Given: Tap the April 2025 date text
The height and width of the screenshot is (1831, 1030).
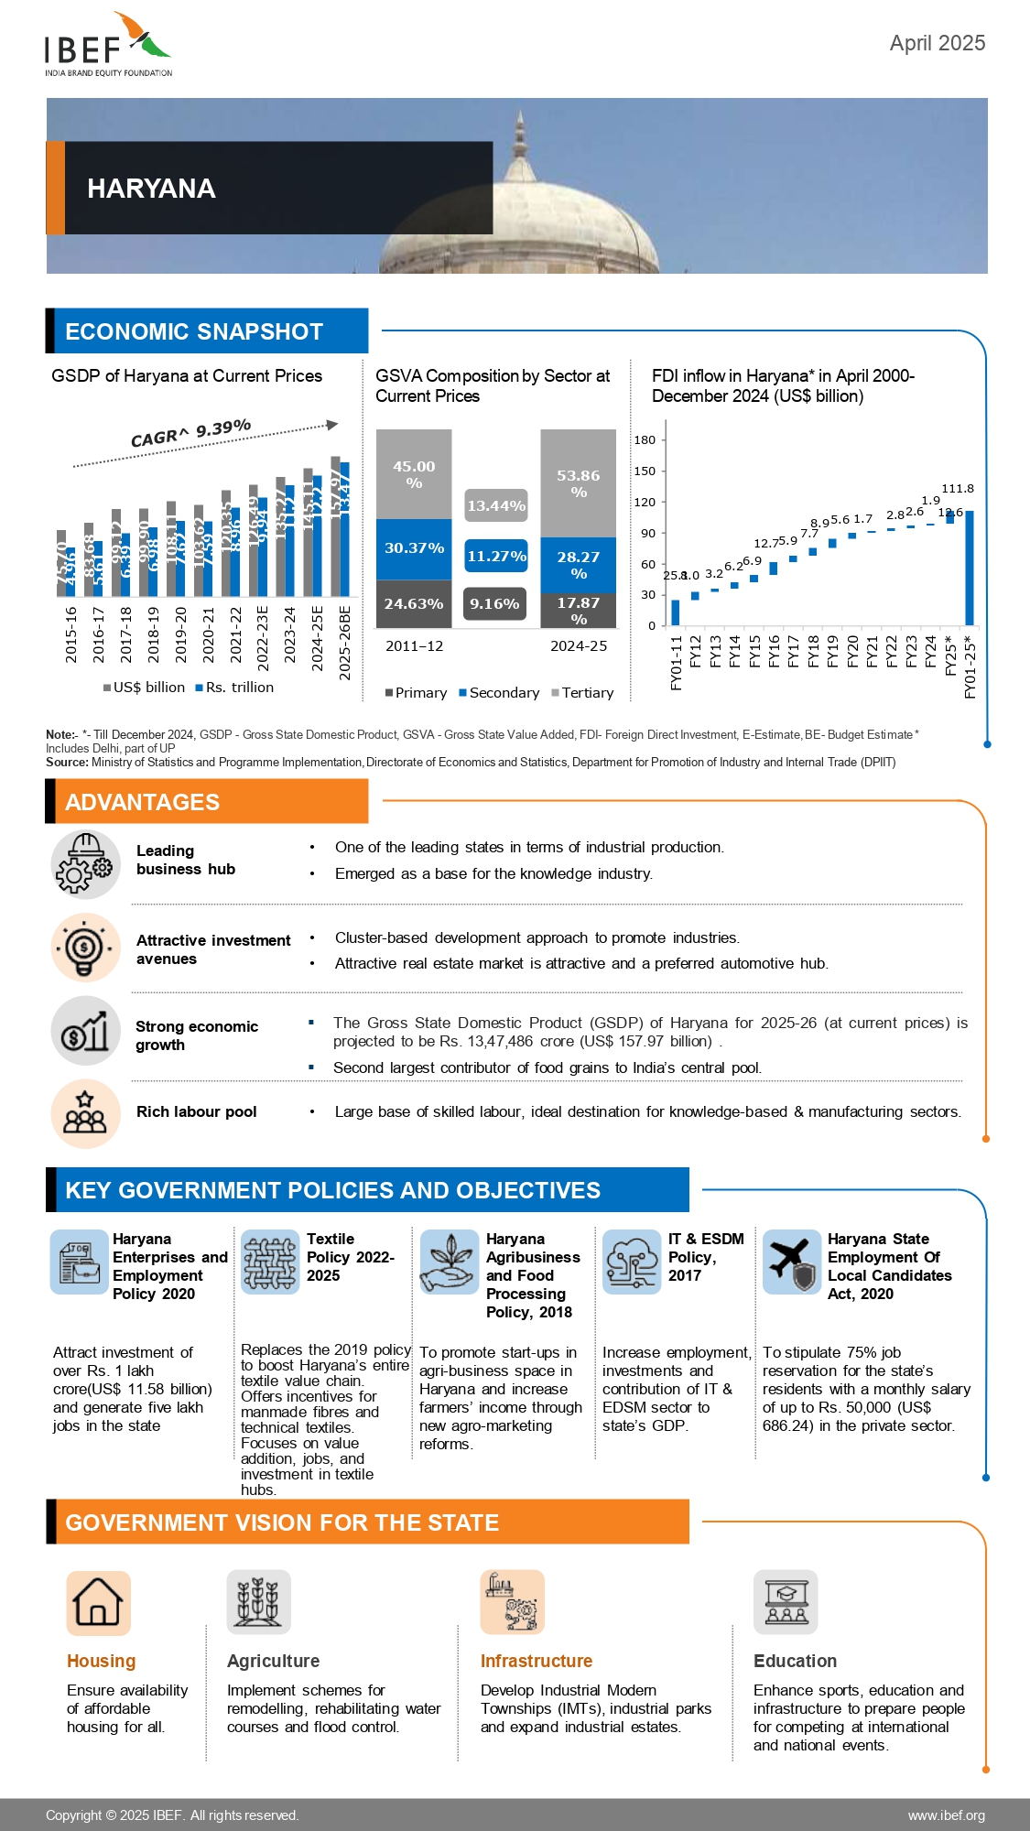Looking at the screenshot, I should pos(937,43).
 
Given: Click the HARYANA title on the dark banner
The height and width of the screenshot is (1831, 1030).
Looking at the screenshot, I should pos(151,189).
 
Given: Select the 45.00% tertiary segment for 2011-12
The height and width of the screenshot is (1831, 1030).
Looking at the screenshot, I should pos(414,474).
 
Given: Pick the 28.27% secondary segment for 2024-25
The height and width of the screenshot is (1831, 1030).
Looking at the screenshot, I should pos(578,564).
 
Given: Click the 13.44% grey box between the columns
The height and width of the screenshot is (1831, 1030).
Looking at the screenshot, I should pos(496,505).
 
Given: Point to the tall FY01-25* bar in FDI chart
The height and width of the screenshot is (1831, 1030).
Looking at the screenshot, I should pos(970,568).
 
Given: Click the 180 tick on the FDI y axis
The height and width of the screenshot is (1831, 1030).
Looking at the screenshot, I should pos(645,440).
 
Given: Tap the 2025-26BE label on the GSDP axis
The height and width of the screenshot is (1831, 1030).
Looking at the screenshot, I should pos(345,643).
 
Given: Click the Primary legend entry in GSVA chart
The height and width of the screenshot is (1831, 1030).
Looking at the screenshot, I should pos(416,693).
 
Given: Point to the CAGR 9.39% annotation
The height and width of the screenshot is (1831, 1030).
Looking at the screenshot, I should pos(190,433).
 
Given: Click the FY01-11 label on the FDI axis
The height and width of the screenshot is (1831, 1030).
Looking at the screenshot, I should pos(677,663).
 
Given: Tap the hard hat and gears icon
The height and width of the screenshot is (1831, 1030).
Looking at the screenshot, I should pos(85,863).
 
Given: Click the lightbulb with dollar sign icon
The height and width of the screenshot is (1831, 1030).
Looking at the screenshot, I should pos(85,947).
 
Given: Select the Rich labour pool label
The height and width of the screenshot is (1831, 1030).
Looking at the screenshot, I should pos(196,1111).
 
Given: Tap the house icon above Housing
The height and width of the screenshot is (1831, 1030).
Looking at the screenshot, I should pos(98,1603).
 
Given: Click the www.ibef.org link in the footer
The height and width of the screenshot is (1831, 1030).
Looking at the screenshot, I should pos(946,1815).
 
